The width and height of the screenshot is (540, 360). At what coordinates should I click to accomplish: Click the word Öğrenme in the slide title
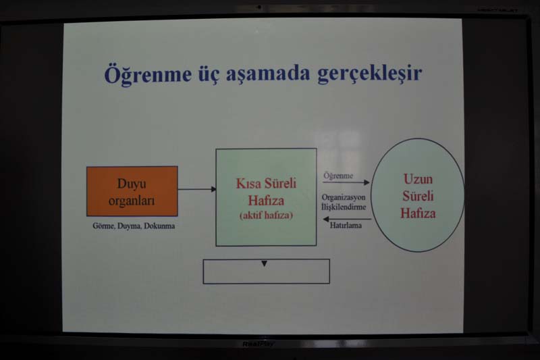[148, 74]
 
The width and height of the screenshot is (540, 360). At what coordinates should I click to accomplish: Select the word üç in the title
[209, 75]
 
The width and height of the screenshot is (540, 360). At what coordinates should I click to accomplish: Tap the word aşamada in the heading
[268, 75]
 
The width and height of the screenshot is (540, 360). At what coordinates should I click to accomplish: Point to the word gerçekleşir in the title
[369, 74]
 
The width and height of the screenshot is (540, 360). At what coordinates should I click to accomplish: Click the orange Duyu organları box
[132, 191]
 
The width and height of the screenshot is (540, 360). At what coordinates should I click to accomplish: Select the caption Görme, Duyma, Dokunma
[134, 226]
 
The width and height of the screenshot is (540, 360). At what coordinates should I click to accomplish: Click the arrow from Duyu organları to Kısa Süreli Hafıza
[197, 189]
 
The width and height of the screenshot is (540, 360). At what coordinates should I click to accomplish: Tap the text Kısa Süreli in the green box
[266, 183]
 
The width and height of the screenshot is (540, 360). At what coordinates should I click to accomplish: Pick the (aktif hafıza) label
[266, 215]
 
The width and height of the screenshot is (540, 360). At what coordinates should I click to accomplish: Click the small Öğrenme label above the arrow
[338, 176]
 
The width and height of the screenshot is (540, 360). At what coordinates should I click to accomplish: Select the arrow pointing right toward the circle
[346, 182]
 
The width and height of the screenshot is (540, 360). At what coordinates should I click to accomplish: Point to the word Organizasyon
[344, 197]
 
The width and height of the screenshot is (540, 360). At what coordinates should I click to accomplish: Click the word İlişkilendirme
[344, 207]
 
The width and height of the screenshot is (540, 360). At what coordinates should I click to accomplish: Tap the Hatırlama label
[346, 226]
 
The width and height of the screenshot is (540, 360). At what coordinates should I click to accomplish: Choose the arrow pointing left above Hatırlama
[347, 219]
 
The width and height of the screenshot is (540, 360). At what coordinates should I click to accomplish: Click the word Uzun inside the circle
[418, 179]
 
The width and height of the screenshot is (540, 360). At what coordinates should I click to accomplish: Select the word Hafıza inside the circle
[418, 213]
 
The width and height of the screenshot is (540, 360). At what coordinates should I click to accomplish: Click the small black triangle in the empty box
[264, 263]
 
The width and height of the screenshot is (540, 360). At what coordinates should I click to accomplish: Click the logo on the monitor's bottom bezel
[259, 344]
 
